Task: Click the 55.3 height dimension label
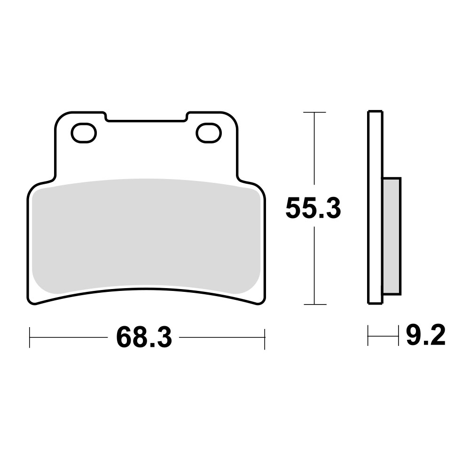pos(313,209)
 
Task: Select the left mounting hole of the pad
pos(84,133)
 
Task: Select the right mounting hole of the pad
pos(209,133)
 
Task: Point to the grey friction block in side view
pos(392,235)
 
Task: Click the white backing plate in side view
pos(375,207)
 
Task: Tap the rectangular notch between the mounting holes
pos(146,117)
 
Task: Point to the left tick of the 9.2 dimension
pos(368,337)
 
